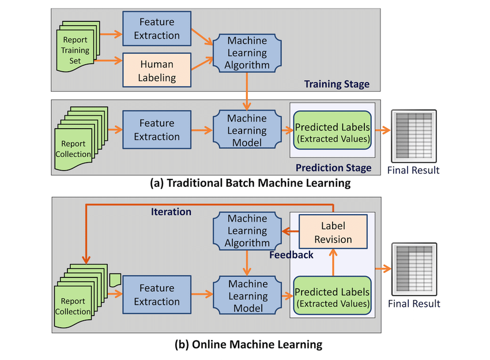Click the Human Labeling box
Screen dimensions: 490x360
pos(157,70)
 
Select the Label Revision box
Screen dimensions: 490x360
pos(333,232)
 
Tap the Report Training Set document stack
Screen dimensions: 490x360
pos(78,46)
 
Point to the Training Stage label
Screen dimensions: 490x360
pos(337,84)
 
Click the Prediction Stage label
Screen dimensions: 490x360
pos(333,168)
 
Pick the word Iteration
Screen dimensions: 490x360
pos(171,212)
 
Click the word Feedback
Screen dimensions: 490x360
pos(291,255)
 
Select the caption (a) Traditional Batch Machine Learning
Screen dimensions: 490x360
pos(250,183)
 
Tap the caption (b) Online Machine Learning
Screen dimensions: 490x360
pos(248,344)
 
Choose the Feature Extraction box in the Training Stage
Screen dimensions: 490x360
pos(157,29)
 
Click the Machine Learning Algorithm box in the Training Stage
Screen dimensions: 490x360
pos(247,53)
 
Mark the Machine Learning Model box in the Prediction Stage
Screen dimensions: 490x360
pos(247,129)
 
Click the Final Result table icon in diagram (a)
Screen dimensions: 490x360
pos(414,136)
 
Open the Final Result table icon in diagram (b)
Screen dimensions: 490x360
pos(414,269)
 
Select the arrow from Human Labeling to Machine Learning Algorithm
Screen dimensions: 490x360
pos(202,63)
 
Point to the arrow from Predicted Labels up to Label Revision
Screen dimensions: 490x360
pos(333,262)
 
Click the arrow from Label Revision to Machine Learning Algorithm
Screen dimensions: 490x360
pos(290,232)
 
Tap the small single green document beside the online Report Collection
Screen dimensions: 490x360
pos(115,280)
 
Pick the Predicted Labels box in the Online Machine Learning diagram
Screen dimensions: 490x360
pos(332,295)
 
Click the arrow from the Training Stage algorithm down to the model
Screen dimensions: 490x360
pos(247,91)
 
